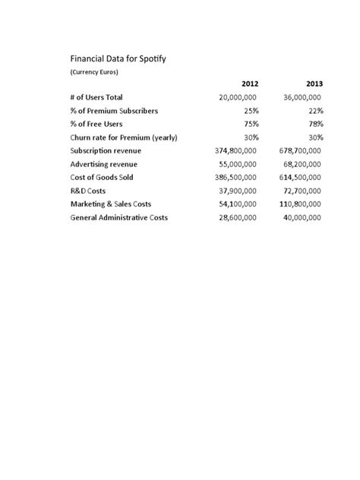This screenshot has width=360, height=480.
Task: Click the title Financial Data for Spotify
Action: [x=119, y=58]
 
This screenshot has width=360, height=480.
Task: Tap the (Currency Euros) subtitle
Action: [x=94, y=72]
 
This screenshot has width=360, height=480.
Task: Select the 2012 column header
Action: [x=250, y=84]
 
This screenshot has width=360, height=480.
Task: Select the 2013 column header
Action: [x=314, y=84]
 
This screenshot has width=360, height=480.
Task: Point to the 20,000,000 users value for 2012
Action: [x=238, y=97]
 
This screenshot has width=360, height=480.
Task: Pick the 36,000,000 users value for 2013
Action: [x=302, y=97]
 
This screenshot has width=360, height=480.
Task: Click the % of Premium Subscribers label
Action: [x=114, y=111]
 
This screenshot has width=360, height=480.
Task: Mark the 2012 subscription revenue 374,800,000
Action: [x=236, y=151]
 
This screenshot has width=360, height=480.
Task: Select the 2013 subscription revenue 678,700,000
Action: [x=300, y=151]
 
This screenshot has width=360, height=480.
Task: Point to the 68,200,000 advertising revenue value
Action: [x=302, y=164]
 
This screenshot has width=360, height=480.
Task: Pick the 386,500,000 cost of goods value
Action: [x=236, y=178]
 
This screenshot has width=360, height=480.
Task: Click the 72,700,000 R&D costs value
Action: [x=302, y=191]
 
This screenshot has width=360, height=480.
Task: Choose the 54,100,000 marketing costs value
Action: [x=238, y=204]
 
